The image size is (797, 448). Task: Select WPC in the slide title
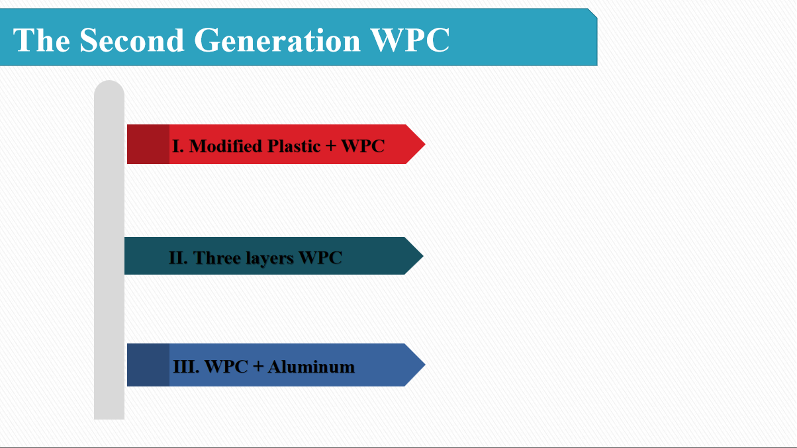click(x=410, y=40)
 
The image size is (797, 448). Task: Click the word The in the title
click(x=42, y=40)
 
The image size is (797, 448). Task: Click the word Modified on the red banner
click(x=226, y=146)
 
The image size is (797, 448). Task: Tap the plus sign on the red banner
click(x=331, y=146)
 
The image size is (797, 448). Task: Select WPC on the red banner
click(x=363, y=146)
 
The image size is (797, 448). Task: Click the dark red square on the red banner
click(x=148, y=144)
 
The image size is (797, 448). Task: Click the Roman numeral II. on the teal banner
click(x=178, y=257)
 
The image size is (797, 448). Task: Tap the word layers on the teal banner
click(x=269, y=258)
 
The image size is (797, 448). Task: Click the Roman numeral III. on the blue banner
click(x=186, y=367)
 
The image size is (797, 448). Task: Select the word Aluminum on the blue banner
click(x=311, y=367)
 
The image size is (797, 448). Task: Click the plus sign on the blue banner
click(x=259, y=367)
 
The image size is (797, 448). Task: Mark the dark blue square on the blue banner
click(x=148, y=365)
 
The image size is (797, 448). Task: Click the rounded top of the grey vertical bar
click(x=109, y=89)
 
